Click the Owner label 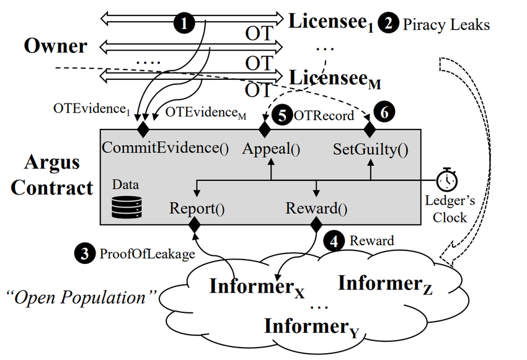pos(56,46)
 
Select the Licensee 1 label pos(331,23)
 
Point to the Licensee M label pos(335,79)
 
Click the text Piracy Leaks pos(446,25)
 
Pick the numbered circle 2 pos(389,25)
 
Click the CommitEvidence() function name pos(165,149)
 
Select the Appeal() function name pos(271,149)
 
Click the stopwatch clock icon pos(445,180)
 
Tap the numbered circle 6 pos(384,113)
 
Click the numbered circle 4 pos(335,240)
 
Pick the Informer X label pos(257,287)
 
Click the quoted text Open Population pos(79,297)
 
